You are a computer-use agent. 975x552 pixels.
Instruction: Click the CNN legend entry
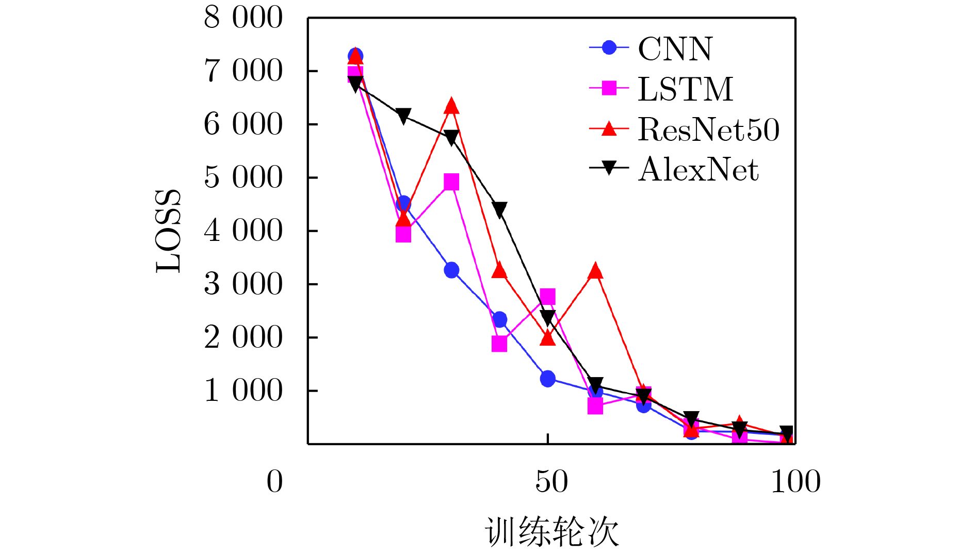(x=675, y=49)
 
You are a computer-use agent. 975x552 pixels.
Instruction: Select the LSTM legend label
(x=685, y=89)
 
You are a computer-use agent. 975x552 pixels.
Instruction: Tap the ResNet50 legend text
(x=708, y=129)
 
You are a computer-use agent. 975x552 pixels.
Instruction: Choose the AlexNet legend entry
(x=698, y=169)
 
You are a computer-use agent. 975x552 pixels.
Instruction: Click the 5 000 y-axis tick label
(x=243, y=177)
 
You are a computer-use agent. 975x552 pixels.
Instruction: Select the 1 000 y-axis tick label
(x=243, y=391)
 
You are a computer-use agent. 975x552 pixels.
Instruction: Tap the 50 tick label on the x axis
(x=551, y=482)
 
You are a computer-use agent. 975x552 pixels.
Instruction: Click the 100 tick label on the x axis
(x=795, y=482)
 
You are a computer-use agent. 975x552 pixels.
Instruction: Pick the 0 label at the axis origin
(x=274, y=482)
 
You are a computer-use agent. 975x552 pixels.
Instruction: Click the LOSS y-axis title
(x=168, y=231)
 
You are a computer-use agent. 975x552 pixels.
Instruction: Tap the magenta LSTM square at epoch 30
(x=451, y=182)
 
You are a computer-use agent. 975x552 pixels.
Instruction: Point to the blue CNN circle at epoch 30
(x=451, y=270)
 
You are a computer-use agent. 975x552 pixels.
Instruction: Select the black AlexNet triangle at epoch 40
(x=499, y=209)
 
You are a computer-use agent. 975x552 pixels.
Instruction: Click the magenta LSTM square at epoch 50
(x=547, y=297)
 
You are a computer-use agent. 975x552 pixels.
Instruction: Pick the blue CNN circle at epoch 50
(x=547, y=378)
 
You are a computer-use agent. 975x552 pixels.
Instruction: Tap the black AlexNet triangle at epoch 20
(x=403, y=116)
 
